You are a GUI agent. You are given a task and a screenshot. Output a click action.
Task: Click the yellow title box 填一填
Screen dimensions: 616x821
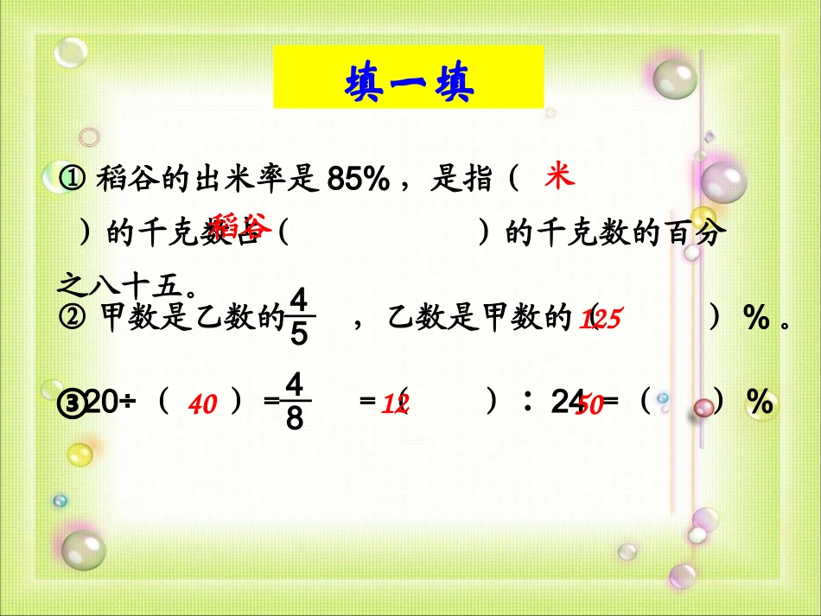408,78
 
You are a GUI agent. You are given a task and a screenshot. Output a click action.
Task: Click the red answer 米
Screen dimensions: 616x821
558,179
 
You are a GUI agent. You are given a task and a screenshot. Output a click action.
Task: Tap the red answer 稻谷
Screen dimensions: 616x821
242,225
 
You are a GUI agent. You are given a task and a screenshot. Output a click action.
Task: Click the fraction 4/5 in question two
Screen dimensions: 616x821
299,318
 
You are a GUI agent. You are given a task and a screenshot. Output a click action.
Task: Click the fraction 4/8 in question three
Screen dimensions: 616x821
295,402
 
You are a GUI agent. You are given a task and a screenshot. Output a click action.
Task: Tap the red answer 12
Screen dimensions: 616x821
396,403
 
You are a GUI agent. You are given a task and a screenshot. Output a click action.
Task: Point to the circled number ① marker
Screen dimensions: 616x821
73,181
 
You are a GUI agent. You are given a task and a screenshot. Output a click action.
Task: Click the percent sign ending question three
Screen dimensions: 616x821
761,402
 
